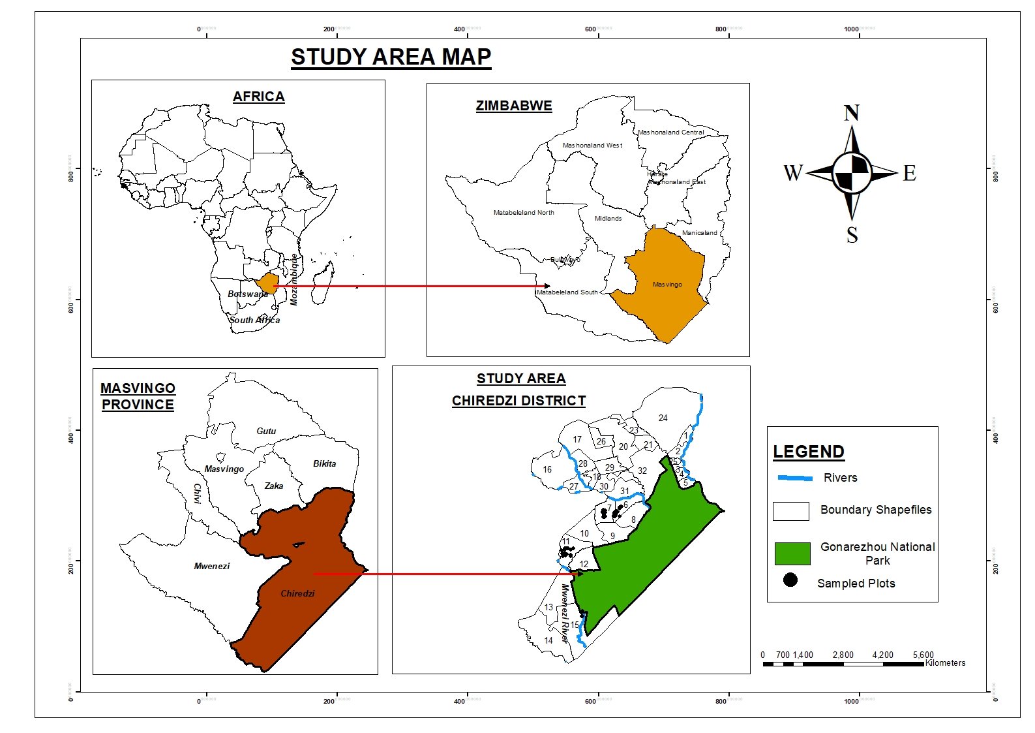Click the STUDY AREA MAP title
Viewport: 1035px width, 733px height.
pyautogui.click(x=391, y=57)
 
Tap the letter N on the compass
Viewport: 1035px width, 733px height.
pyautogui.click(x=852, y=114)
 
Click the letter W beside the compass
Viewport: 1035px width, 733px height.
pyautogui.click(x=792, y=173)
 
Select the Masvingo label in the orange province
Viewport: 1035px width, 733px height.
pyautogui.click(x=667, y=285)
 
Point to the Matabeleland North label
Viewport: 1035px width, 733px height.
pyautogui.click(x=524, y=213)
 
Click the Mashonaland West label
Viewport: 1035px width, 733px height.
pyautogui.click(x=592, y=146)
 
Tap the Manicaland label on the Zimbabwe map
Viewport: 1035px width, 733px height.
pyautogui.click(x=699, y=233)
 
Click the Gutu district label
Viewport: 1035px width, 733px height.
pyautogui.click(x=266, y=431)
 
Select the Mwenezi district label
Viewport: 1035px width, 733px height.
pyautogui.click(x=212, y=566)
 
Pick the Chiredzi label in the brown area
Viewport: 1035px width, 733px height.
pyautogui.click(x=297, y=593)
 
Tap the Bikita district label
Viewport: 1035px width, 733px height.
pyautogui.click(x=324, y=463)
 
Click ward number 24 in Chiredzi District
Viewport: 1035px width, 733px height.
pyautogui.click(x=663, y=418)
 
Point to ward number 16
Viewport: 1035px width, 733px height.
pyautogui.click(x=547, y=469)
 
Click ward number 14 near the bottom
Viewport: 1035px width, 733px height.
pyautogui.click(x=548, y=640)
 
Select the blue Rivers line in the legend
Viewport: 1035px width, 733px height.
pyautogui.click(x=795, y=478)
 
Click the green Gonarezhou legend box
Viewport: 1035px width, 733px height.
pyautogui.click(x=792, y=554)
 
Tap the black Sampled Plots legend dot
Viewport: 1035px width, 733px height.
pyautogui.click(x=790, y=580)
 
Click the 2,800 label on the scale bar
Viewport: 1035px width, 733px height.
pyautogui.click(x=843, y=655)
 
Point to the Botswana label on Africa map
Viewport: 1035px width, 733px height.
pyautogui.click(x=248, y=294)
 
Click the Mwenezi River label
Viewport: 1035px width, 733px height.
pyautogui.click(x=565, y=614)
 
